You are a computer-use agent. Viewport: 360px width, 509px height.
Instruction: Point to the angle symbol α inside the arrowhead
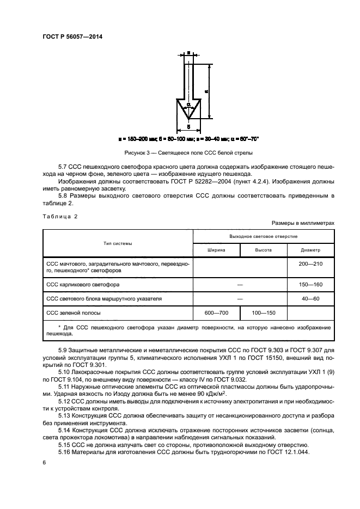[188, 103]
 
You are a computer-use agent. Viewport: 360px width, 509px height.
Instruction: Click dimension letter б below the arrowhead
[188, 127]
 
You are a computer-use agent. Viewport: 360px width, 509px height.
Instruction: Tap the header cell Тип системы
[118, 243]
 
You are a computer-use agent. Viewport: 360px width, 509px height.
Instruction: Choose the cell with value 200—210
[310, 263]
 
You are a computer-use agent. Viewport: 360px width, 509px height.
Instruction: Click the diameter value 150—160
[310, 285]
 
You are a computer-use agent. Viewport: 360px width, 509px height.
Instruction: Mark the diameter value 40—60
[310, 299]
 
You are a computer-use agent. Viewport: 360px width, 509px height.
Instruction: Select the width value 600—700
[216, 313]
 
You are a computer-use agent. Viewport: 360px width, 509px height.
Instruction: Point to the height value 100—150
[263, 313]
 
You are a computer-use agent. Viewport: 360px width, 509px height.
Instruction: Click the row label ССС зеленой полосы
[74, 313]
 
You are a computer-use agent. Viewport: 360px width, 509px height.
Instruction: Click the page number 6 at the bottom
[44, 462]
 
